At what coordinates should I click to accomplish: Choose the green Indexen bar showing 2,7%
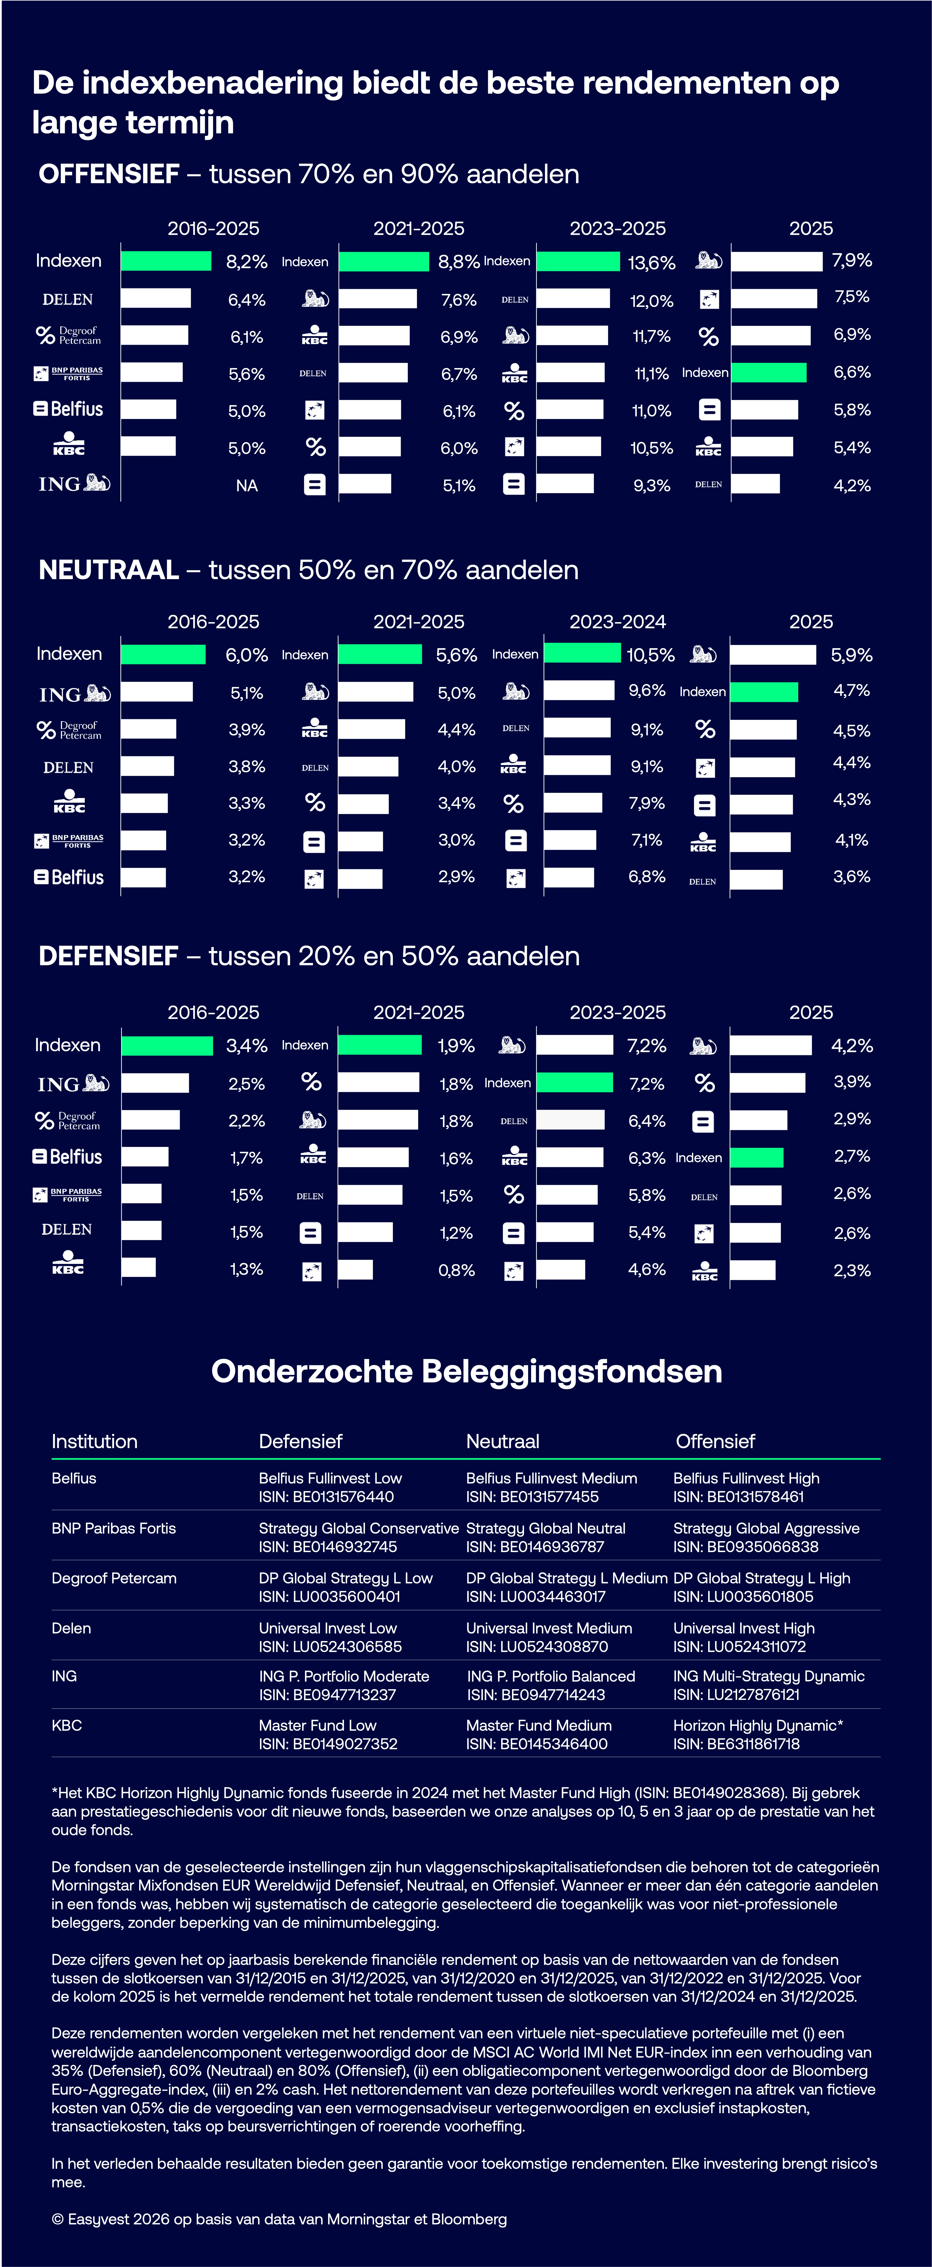click(756, 1157)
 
